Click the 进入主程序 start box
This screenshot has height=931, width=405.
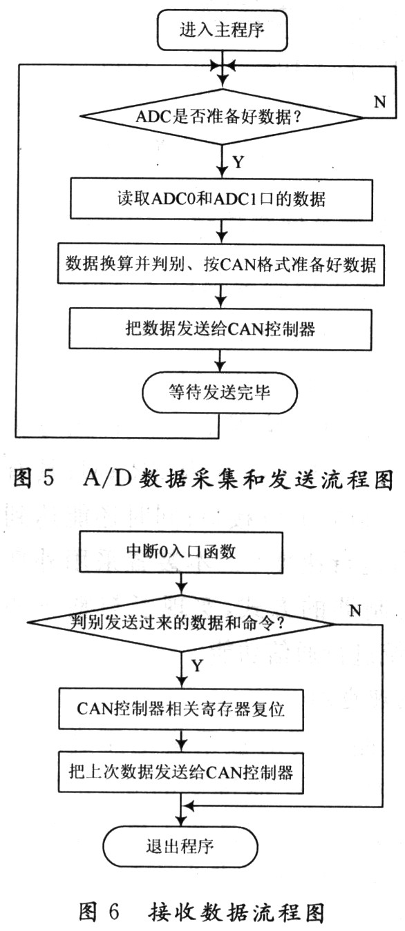pos(223,30)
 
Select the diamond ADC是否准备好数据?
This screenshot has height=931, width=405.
pos(222,117)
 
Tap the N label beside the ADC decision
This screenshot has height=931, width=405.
pos(380,101)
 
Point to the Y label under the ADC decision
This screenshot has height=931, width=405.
pos(238,161)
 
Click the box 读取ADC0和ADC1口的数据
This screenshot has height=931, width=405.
pos(221,199)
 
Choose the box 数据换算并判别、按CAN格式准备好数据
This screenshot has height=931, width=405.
pos(220,264)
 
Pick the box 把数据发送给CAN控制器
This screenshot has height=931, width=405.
pos(220,329)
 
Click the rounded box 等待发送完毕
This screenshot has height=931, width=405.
pos(219,393)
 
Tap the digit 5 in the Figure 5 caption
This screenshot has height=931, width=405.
pos(48,478)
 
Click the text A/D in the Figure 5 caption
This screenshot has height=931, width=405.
pos(107,478)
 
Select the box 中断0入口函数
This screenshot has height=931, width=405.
pos(181,552)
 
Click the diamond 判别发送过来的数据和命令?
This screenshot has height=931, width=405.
pos(180,623)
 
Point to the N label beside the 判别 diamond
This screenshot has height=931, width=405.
pos(355,611)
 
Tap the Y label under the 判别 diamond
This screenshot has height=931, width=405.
pos(197,666)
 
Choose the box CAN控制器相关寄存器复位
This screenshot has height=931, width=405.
pos(180,709)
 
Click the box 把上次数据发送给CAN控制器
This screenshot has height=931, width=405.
pos(180,773)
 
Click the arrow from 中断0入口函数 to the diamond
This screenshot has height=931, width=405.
pos(181,584)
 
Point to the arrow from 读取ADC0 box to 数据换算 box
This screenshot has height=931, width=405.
pos(221,232)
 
